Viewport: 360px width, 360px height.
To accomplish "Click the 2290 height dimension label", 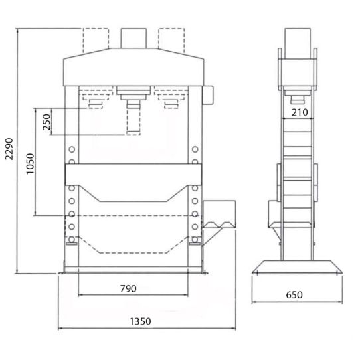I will click(x=9, y=151).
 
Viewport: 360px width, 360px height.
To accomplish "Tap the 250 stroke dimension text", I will click(x=46, y=124).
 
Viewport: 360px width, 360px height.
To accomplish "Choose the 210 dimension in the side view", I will click(x=299, y=112).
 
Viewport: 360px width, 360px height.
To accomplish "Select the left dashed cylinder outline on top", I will click(x=96, y=39).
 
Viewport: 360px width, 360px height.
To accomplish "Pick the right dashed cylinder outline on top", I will click(x=171, y=39).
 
